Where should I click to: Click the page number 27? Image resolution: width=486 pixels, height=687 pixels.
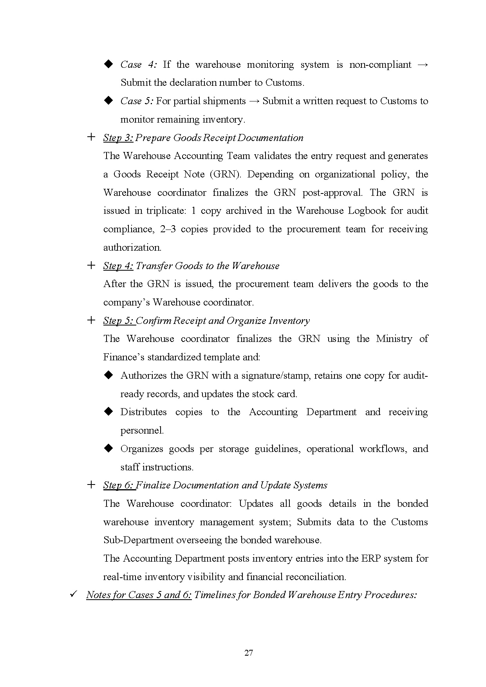tap(248, 653)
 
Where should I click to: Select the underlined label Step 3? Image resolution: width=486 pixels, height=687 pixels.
tap(118, 138)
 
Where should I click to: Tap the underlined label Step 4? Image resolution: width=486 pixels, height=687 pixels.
tap(118, 266)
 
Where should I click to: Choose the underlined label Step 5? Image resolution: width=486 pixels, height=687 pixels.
tap(119, 321)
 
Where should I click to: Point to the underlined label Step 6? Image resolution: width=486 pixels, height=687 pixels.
tap(119, 485)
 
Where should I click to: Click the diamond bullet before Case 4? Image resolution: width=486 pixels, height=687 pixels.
tap(108, 64)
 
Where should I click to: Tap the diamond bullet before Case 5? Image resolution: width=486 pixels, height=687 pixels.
tap(108, 101)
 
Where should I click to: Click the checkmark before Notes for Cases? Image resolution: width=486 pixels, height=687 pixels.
tap(73, 594)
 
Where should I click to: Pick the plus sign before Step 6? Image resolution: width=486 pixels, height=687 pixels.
tap(91, 485)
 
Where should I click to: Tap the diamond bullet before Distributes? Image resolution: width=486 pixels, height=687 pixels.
tap(108, 412)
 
